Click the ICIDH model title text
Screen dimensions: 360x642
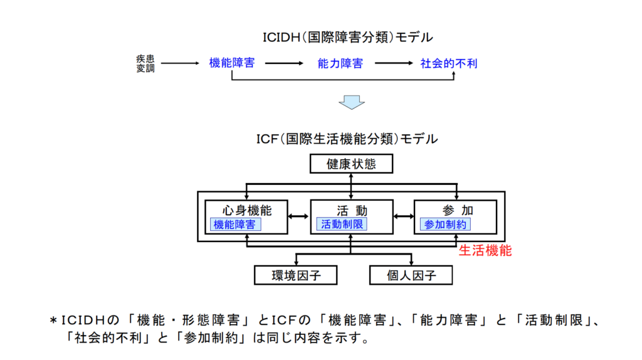(x=347, y=37)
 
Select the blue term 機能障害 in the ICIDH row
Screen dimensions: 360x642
(x=232, y=63)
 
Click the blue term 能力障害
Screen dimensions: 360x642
(x=340, y=63)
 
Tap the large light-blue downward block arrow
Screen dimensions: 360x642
(x=351, y=101)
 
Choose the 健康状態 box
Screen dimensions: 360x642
(x=351, y=164)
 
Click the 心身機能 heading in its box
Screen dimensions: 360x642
(x=246, y=210)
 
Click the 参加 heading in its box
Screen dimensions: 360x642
(x=456, y=210)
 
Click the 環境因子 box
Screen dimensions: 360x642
(x=296, y=275)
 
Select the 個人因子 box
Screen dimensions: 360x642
(x=411, y=275)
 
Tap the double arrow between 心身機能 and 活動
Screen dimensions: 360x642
(x=298, y=216)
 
